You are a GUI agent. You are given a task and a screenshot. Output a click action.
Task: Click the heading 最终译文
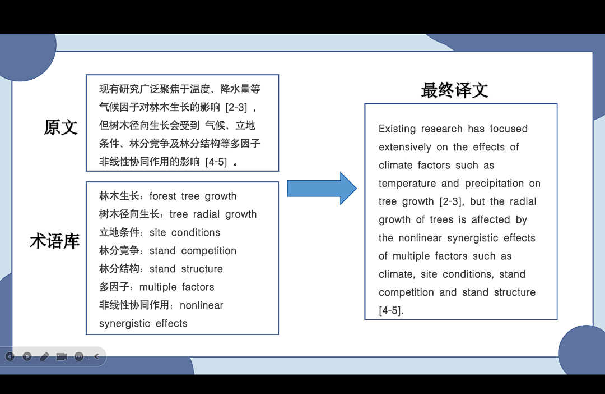[454, 90]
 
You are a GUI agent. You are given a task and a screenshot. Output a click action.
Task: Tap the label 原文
[61, 127]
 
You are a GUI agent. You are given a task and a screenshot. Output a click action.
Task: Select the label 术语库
[54, 241]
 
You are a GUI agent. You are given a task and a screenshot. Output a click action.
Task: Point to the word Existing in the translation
[397, 129]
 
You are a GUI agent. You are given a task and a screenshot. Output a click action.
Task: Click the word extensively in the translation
[405, 147]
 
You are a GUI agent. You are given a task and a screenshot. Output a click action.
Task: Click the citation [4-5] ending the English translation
[391, 310]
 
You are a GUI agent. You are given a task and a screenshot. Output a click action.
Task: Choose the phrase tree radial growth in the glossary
[213, 214]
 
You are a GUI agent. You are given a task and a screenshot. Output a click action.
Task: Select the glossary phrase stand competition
[193, 251]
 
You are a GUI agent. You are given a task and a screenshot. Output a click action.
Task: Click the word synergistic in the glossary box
[125, 324]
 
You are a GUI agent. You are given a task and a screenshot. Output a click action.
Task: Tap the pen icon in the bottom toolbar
[44, 356]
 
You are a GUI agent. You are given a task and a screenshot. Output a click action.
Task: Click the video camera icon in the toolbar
[62, 356]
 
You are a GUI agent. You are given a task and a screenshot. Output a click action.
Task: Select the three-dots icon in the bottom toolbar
[79, 356]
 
